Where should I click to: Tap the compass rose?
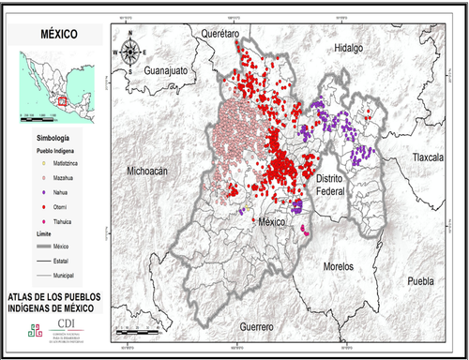tap(129, 52)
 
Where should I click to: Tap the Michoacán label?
tap(146, 171)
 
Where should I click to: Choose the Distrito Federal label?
tap(334, 184)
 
